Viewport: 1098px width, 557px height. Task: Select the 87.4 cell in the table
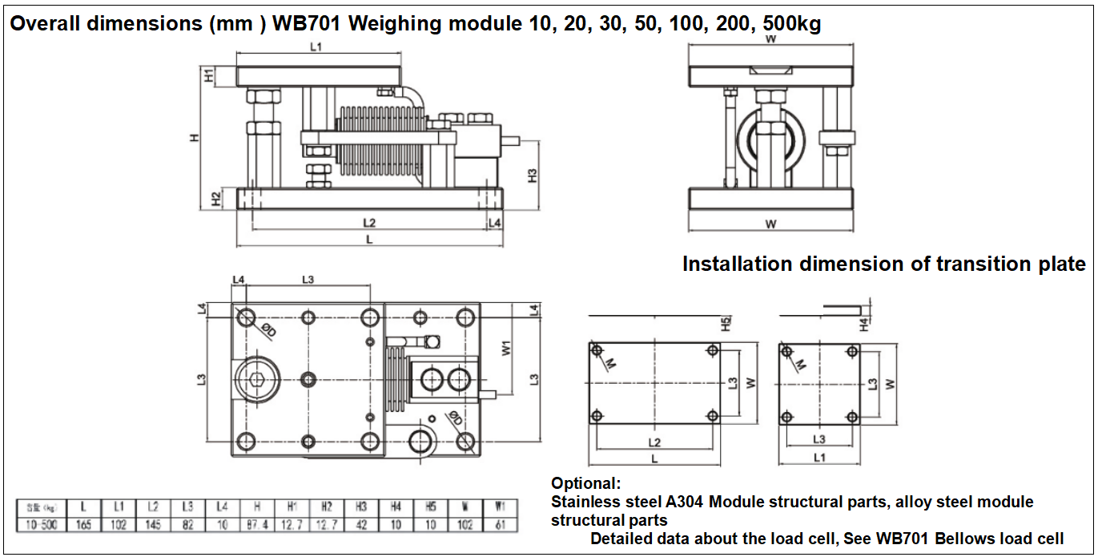257,525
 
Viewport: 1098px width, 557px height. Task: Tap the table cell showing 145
153,525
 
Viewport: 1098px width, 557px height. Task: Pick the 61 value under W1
501,525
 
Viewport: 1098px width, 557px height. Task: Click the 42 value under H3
361,525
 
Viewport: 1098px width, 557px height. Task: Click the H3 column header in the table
361,507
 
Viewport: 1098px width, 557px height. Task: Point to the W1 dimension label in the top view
506,349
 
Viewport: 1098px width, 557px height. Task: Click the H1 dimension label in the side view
209,76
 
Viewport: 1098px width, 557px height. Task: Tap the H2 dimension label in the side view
216,198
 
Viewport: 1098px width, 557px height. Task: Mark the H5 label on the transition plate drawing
726,325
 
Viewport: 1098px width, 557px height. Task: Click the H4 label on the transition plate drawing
864,325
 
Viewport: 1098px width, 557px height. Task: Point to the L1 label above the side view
316,47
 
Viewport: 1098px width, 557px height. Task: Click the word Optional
585,484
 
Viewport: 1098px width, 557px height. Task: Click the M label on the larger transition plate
611,365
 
